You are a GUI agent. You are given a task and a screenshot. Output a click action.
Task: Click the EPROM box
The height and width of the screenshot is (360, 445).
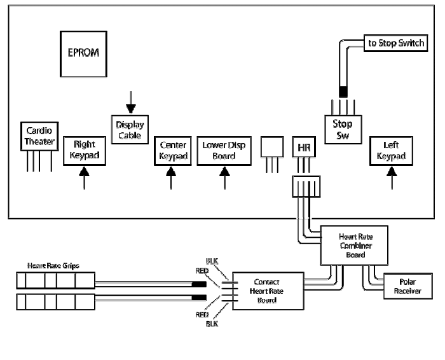point(84,53)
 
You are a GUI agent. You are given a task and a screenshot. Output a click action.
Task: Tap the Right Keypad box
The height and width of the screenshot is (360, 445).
point(84,150)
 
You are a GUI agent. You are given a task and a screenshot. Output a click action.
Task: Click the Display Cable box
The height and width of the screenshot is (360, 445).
point(130,130)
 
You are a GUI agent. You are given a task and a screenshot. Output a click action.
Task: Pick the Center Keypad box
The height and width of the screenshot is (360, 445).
point(172,150)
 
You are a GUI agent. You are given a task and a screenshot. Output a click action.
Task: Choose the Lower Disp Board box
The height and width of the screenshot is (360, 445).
point(223,150)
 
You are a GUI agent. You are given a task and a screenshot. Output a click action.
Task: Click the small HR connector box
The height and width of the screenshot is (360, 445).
point(303,146)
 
